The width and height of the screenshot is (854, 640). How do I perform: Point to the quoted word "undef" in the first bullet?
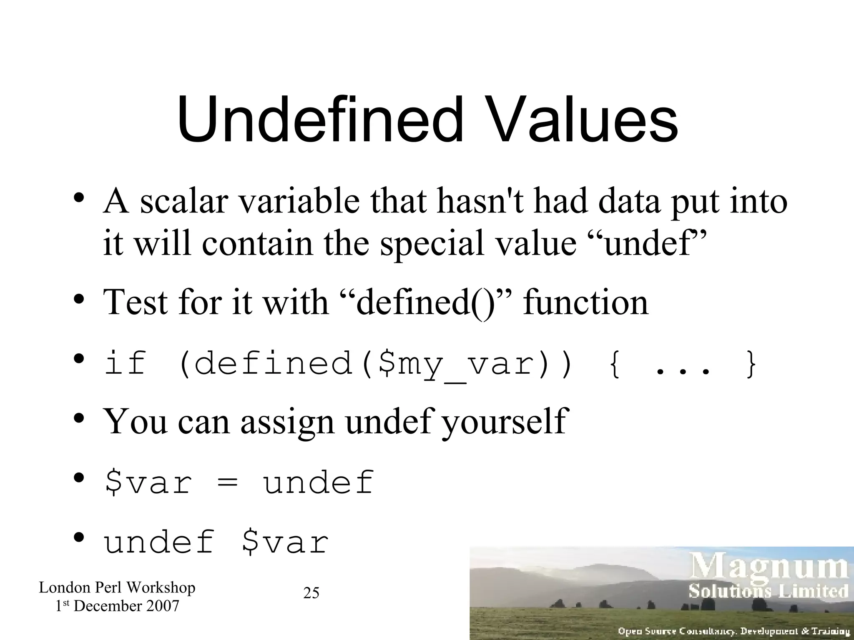(x=650, y=243)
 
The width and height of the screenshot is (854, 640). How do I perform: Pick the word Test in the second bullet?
(x=135, y=302)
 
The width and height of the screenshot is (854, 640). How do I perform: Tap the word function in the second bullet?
(x=585, y=302)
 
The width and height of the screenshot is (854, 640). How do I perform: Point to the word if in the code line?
(x=126, y=363)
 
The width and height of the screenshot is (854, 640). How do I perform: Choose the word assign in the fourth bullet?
(x=287, y=422)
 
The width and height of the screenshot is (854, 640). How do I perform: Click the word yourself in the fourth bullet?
(x=504, y=422)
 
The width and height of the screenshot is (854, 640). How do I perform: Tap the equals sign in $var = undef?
(x=227, y=483)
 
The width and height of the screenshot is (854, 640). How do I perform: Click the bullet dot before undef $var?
(x=79, y=537)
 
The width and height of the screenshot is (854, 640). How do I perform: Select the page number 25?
(x=311, y=593)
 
